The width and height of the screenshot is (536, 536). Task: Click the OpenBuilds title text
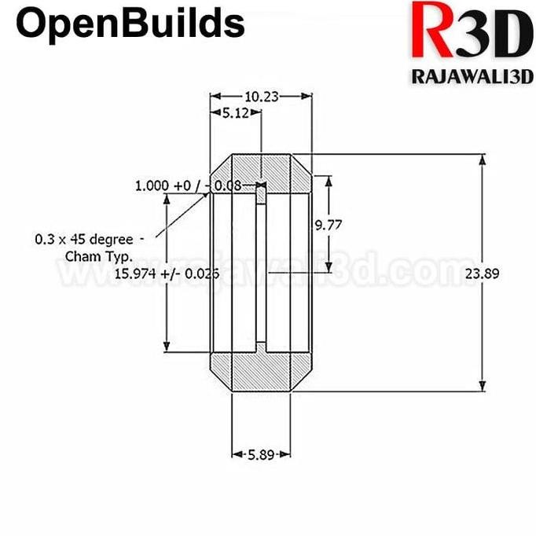[x=130, y=24]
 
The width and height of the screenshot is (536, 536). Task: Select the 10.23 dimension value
[x=261, y=97]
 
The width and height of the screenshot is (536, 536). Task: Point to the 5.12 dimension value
[x=235, y=113]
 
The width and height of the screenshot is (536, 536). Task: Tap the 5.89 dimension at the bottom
[x=261, y=454]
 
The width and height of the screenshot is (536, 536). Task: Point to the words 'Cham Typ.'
[x=99, y=256]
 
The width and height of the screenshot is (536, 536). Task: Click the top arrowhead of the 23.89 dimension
[x=481, y=160]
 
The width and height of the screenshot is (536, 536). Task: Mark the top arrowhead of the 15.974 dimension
[x=166, y=201]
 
